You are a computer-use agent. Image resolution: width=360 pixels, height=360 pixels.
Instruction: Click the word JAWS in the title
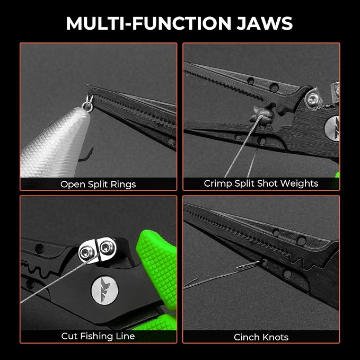pos(265,23)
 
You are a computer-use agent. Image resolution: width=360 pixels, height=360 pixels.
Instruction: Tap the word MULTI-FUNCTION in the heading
pos(148,23)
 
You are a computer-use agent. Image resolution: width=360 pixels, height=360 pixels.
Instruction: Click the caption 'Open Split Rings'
pos(98,185)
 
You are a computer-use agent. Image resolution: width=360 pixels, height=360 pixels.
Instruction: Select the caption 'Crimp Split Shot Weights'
pos(261,183)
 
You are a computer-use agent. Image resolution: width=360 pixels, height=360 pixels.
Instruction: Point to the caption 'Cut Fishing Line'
pos(98,336)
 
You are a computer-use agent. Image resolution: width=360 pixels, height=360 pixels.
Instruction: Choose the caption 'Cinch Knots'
pos(261,337)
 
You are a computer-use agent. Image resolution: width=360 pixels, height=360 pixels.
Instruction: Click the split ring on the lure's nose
pos(88,104)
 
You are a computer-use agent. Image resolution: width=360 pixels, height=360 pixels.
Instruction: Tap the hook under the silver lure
pos(86,155)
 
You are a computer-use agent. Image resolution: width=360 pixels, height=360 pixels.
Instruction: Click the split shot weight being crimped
pos(262,115)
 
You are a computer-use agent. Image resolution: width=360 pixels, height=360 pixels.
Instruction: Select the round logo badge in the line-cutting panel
pos(104,291)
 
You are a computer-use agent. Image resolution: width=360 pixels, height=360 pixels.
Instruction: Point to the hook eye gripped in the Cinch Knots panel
pos(264,261)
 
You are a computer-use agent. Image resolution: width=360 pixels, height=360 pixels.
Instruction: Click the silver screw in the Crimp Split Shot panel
pos(312,99)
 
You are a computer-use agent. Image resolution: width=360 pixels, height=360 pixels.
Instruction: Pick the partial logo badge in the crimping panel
pos(332,128)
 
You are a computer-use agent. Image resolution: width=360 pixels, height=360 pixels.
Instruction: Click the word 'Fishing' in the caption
pos(98,337)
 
